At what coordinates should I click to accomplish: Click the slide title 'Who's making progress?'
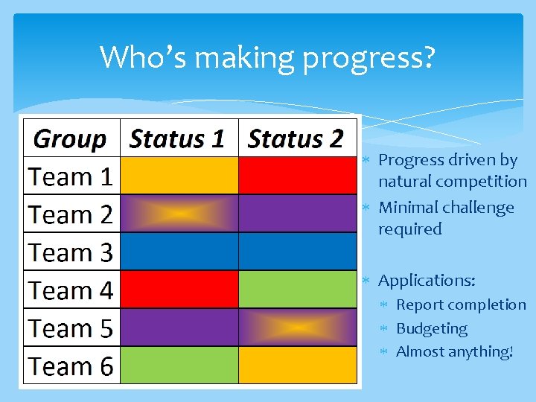point(267,57)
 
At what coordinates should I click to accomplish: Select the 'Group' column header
point(71,138)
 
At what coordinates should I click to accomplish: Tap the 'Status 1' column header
point(177,138)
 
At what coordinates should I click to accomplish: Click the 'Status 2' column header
point(296,138)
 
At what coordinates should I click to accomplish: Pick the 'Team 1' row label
point(71,177)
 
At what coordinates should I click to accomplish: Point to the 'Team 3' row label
point(71,253)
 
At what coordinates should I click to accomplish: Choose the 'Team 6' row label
point(71,366)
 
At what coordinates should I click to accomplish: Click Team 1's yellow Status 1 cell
point(179,176)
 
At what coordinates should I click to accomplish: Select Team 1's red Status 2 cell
point(297,176)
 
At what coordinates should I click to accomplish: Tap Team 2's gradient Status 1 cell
point(179,214)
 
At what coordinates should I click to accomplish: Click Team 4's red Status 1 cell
point(179,290)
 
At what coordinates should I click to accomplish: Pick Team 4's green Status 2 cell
point(297,290)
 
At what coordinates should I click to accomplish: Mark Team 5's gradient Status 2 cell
point(297,328)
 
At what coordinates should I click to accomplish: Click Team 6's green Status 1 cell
point(179,366)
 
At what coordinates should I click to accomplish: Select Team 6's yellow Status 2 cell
point(297,366)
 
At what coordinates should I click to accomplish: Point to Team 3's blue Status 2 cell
point(297,252)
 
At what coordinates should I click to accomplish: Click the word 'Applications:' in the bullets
point(427,281)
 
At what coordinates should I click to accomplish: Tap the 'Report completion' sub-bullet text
point(461,304)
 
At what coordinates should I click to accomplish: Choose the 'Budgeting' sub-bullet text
point(432,328)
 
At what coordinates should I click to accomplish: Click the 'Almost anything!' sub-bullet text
point(455,351)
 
